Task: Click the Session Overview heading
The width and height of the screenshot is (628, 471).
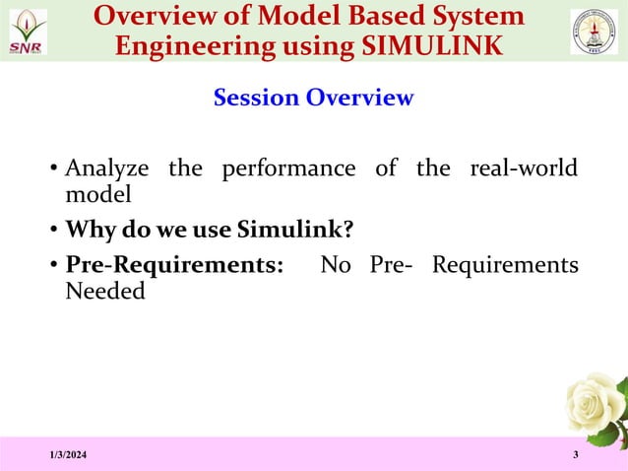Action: coord(313,99)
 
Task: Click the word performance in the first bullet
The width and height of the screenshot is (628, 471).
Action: coord(288,168)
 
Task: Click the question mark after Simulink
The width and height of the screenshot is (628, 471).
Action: coord(346,231)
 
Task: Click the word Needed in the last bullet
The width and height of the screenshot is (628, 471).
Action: coord(104,292)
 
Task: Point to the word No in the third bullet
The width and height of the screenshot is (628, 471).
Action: coord(335,266)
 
